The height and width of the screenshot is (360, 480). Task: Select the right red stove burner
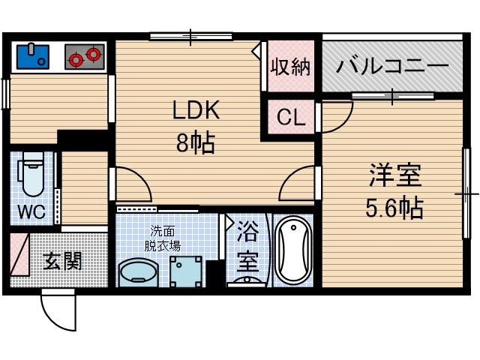pos(93,55)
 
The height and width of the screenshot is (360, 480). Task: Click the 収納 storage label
pos(289,68)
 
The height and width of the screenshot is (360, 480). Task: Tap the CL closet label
pos(290,118)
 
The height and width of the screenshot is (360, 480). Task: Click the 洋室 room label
pos(394,176)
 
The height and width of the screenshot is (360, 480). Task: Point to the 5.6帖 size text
pos(394,208)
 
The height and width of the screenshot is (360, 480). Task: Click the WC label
pos(31,212)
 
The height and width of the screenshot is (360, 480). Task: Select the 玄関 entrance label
pos(62,262)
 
